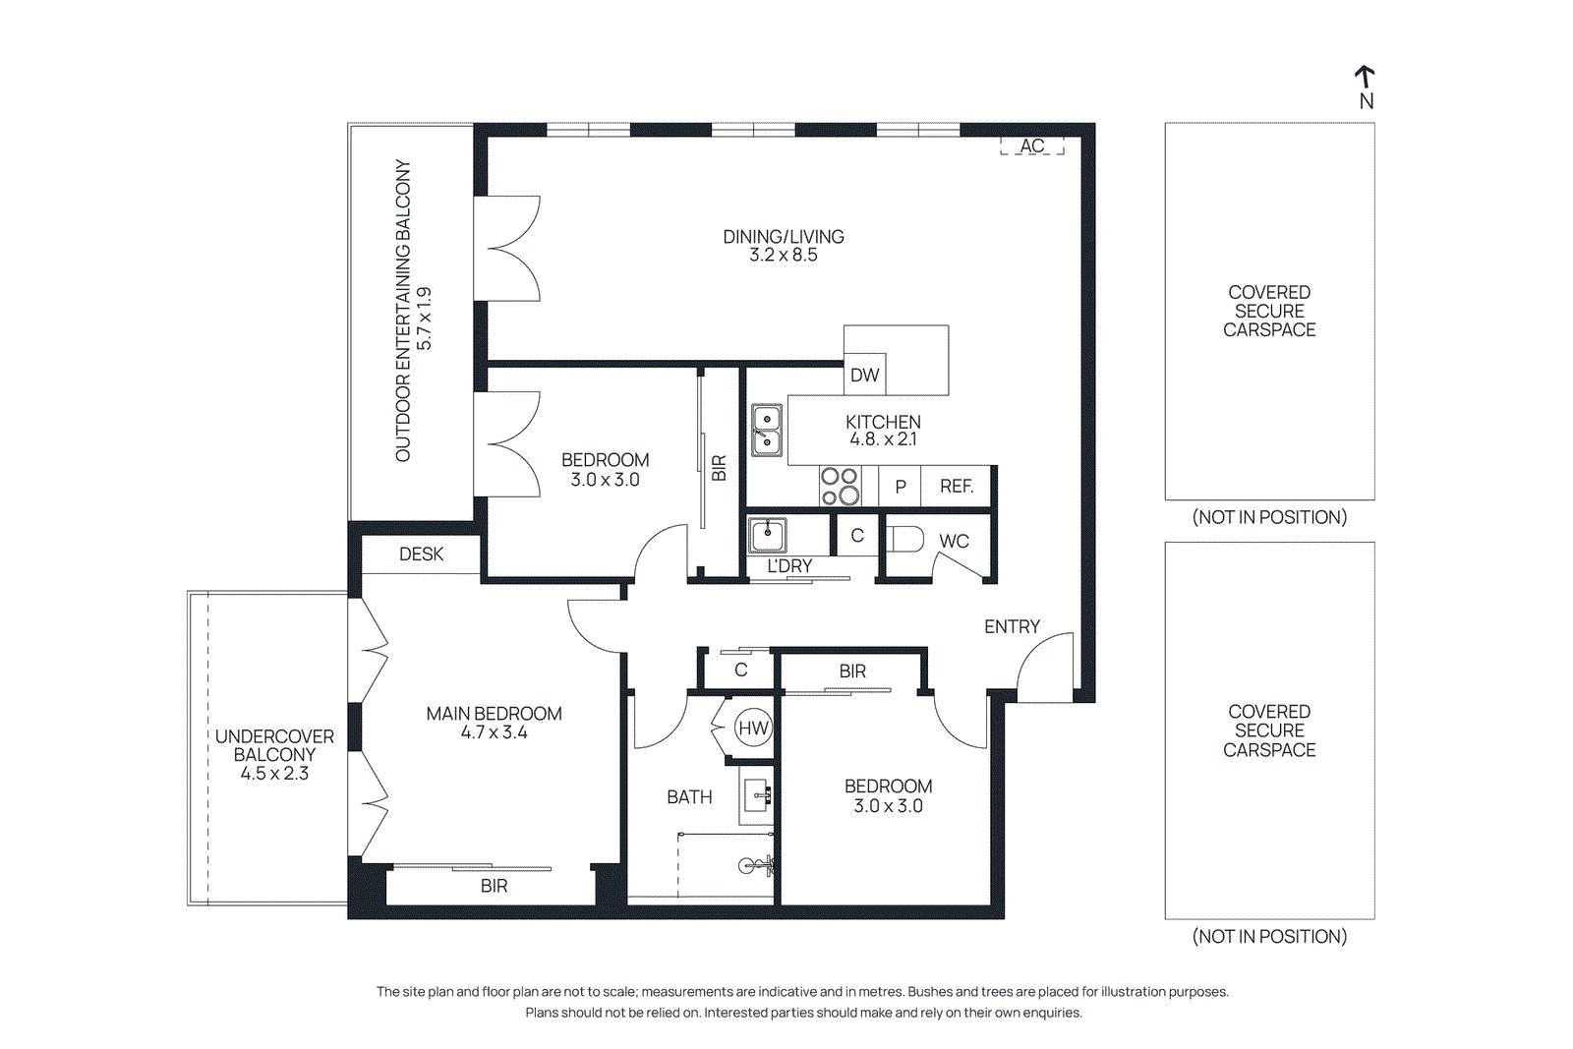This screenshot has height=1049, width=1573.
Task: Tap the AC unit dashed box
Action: click(x=1031, y=146)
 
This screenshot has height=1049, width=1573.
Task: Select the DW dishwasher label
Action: click(x=864, y=375)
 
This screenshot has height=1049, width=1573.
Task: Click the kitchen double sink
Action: click(x=767, y=431)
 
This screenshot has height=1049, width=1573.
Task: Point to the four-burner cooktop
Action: click(x=840, y=487)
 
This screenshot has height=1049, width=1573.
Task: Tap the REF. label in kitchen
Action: click(x=956, y=486)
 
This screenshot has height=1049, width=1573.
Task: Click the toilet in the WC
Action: click(x=906, y=539)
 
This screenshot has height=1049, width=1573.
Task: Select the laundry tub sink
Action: click(x=768, y=536)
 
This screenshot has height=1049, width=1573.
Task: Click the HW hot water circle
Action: click(x=753, y=728)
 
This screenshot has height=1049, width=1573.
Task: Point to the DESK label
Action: click(x=421, y=554)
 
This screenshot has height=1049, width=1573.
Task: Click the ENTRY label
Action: click(x=1012, y=626)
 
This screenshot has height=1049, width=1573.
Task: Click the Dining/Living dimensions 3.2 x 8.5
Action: click(x=783, y=256)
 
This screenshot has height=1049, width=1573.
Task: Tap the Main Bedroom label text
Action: click(x=494, y=714)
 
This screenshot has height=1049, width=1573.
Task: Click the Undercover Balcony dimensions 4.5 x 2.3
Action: click(x=274, y=774)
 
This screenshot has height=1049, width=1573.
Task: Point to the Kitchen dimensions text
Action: click(x=883, y=439)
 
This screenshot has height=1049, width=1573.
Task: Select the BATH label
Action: click(x=689, y=797)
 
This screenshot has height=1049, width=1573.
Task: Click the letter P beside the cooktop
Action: click(x=900, y=487)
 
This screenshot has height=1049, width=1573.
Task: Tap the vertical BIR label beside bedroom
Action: click(x=719, y=467)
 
